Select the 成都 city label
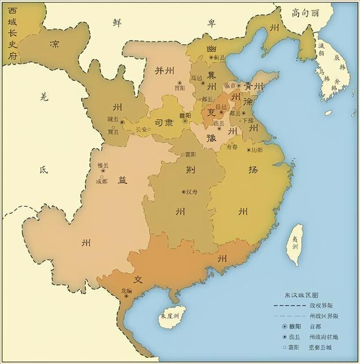(x=102, y=181)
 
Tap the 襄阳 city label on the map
(x=190, y=154)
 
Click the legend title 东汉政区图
(x=301, y=295)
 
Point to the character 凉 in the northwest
(x=55, y=44)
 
